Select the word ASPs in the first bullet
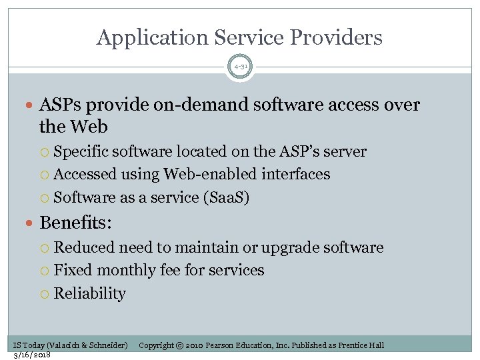click(62, 105)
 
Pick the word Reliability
click(89, 294)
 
